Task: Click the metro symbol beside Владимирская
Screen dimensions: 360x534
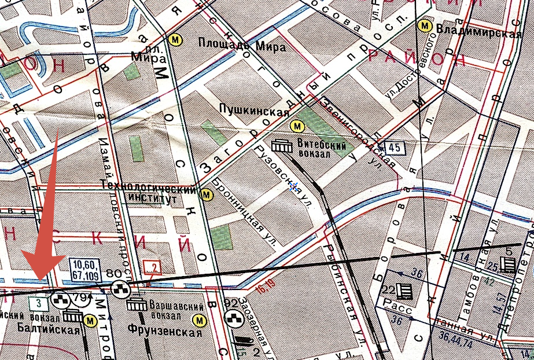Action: point(425,26)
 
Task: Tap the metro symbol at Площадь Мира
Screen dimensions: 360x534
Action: point(174,40)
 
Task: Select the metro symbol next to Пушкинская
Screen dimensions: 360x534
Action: point(297,125)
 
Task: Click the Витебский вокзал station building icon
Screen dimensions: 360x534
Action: point(282,145)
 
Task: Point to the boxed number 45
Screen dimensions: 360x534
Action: point(395,148)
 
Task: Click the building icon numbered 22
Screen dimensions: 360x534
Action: point(405,291)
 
